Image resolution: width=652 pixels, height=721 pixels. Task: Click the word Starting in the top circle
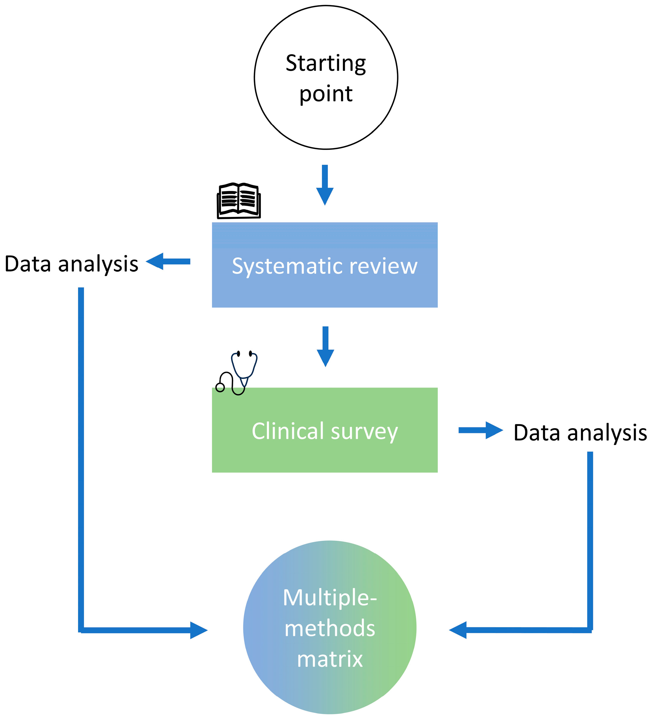(x=325, y=64)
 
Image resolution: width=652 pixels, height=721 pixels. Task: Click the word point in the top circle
(x=326, y=94)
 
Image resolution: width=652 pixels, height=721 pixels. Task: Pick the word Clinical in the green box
(x=287, y=431)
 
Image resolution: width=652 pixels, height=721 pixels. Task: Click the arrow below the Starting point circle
(x=325, y=185)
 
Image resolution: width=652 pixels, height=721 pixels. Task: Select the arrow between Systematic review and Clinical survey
(x=325, y=346)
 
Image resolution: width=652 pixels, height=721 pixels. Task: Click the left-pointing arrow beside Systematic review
(x=168, y=262)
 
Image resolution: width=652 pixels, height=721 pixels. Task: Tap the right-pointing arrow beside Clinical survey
(x=481, y=430)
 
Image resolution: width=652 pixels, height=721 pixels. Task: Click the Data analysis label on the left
(x=71, y=264)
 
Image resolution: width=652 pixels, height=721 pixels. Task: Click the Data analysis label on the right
(x=580, y=433)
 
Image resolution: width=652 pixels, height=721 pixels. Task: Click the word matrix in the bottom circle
(x=329, y=659)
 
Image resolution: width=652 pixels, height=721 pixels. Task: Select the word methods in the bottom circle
(x=329, y=628)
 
